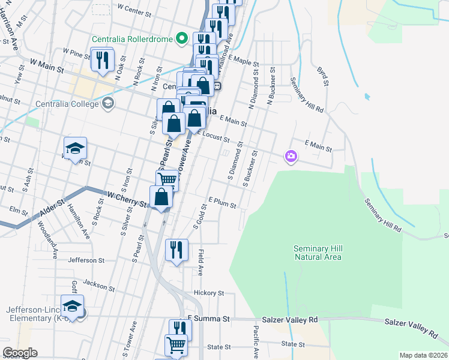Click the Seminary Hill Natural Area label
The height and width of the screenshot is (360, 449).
318,253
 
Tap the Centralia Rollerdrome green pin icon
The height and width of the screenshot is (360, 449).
182,40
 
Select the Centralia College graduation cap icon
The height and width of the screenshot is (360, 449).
107,103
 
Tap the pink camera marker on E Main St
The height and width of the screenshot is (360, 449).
291,157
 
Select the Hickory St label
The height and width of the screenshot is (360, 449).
209,293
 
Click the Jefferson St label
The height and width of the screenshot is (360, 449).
86,260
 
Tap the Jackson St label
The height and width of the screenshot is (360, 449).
98,282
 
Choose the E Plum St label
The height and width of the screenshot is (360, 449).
222,204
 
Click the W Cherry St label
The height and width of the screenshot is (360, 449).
127,197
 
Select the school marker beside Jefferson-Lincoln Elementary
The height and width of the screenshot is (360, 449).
72,306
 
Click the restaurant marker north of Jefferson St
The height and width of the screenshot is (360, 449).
176,249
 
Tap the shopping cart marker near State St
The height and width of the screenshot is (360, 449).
176,345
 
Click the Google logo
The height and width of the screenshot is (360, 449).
20,353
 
